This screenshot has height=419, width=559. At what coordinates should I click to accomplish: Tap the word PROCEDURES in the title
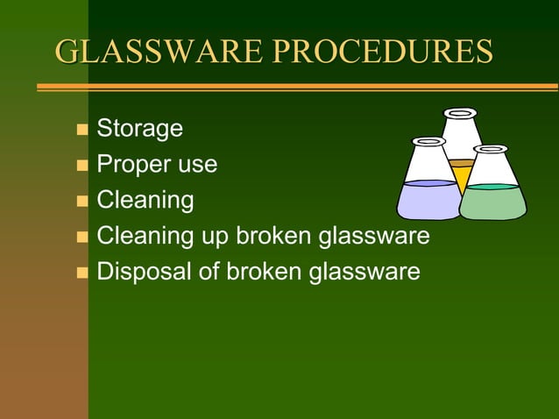[382, 53]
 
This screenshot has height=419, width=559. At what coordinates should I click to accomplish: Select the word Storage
[139, 129]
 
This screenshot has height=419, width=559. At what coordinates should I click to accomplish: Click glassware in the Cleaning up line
[374, 236]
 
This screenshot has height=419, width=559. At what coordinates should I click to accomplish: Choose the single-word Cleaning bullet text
[145, 200]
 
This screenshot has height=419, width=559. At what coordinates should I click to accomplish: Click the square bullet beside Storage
[82, 131]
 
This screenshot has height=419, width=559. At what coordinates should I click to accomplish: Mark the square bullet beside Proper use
[82, 166]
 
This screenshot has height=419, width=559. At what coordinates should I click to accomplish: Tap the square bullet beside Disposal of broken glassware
[82, 273]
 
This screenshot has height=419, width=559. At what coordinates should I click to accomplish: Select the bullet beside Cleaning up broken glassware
[82, 237]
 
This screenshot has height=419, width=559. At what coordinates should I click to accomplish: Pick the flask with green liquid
[492, 197]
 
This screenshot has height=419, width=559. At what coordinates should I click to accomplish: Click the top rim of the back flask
[460, 113]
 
